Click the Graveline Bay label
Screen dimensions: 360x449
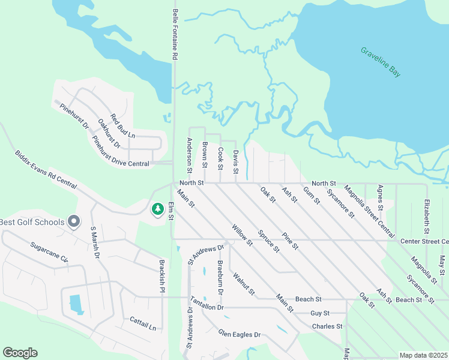381,62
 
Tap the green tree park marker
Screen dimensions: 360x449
158,209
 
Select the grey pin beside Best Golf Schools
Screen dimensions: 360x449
74,222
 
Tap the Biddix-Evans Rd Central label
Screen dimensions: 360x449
46,170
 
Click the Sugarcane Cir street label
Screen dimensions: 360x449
50,251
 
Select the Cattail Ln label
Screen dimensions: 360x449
143,324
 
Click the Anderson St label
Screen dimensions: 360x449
189,152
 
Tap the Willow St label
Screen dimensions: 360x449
242,235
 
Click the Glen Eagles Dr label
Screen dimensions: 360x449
240,334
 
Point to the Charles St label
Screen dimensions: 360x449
327,326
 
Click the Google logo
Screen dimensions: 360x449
20,353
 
